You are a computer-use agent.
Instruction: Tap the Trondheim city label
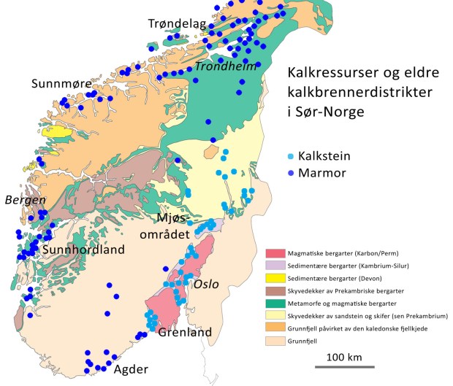click(220, 66)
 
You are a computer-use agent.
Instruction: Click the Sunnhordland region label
click(83, 250)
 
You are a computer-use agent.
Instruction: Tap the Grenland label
click(185, 332)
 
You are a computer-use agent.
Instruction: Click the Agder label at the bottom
click(131, 368)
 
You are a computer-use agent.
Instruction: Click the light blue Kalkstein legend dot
click(292, 156)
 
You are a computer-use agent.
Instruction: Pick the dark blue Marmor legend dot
click(292, 173)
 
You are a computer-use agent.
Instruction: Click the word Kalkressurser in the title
click(327, 74)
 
